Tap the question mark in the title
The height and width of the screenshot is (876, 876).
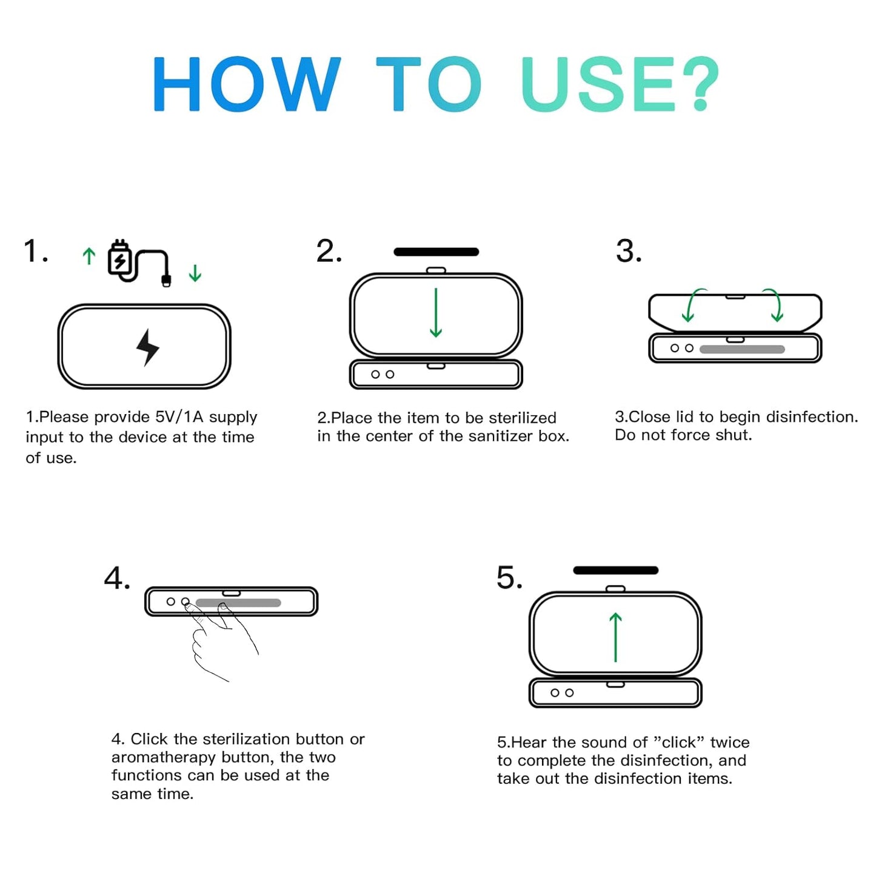[699, 84]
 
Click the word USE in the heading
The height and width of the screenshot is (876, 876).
[598, 84]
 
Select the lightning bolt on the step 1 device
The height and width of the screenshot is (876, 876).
[147, 347]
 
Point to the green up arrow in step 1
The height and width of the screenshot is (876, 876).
[89, 256]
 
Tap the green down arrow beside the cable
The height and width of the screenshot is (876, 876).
[195, 273]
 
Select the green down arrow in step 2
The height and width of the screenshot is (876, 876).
[435, 313]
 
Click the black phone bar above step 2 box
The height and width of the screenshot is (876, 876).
[436, 252]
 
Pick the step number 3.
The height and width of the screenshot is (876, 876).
[628, 251]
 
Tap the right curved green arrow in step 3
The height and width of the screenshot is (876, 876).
[774, 305]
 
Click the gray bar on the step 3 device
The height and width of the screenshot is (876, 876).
[742, 349]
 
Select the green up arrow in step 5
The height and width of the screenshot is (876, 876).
[615, 637]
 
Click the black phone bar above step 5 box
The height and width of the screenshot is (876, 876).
[615, 570]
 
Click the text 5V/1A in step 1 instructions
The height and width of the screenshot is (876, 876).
[179, 417]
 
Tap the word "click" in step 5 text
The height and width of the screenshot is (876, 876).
[679, 743]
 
